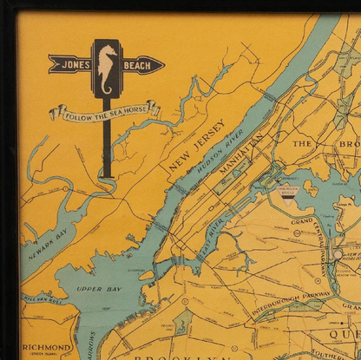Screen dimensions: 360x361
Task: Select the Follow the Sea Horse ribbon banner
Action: (x=103, y=110)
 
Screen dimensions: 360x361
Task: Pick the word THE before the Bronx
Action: (x=301, y=143)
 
